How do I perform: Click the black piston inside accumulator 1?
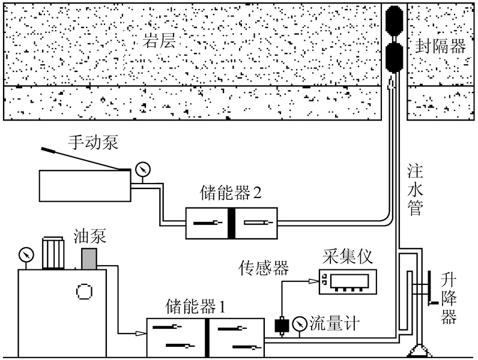[x=207, y=337]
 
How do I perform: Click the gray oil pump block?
[x=89, y=259]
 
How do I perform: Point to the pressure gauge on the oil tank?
[x=25, y=253]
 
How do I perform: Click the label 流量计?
[x=334, y=325]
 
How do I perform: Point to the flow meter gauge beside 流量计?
[x=298, y=325]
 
